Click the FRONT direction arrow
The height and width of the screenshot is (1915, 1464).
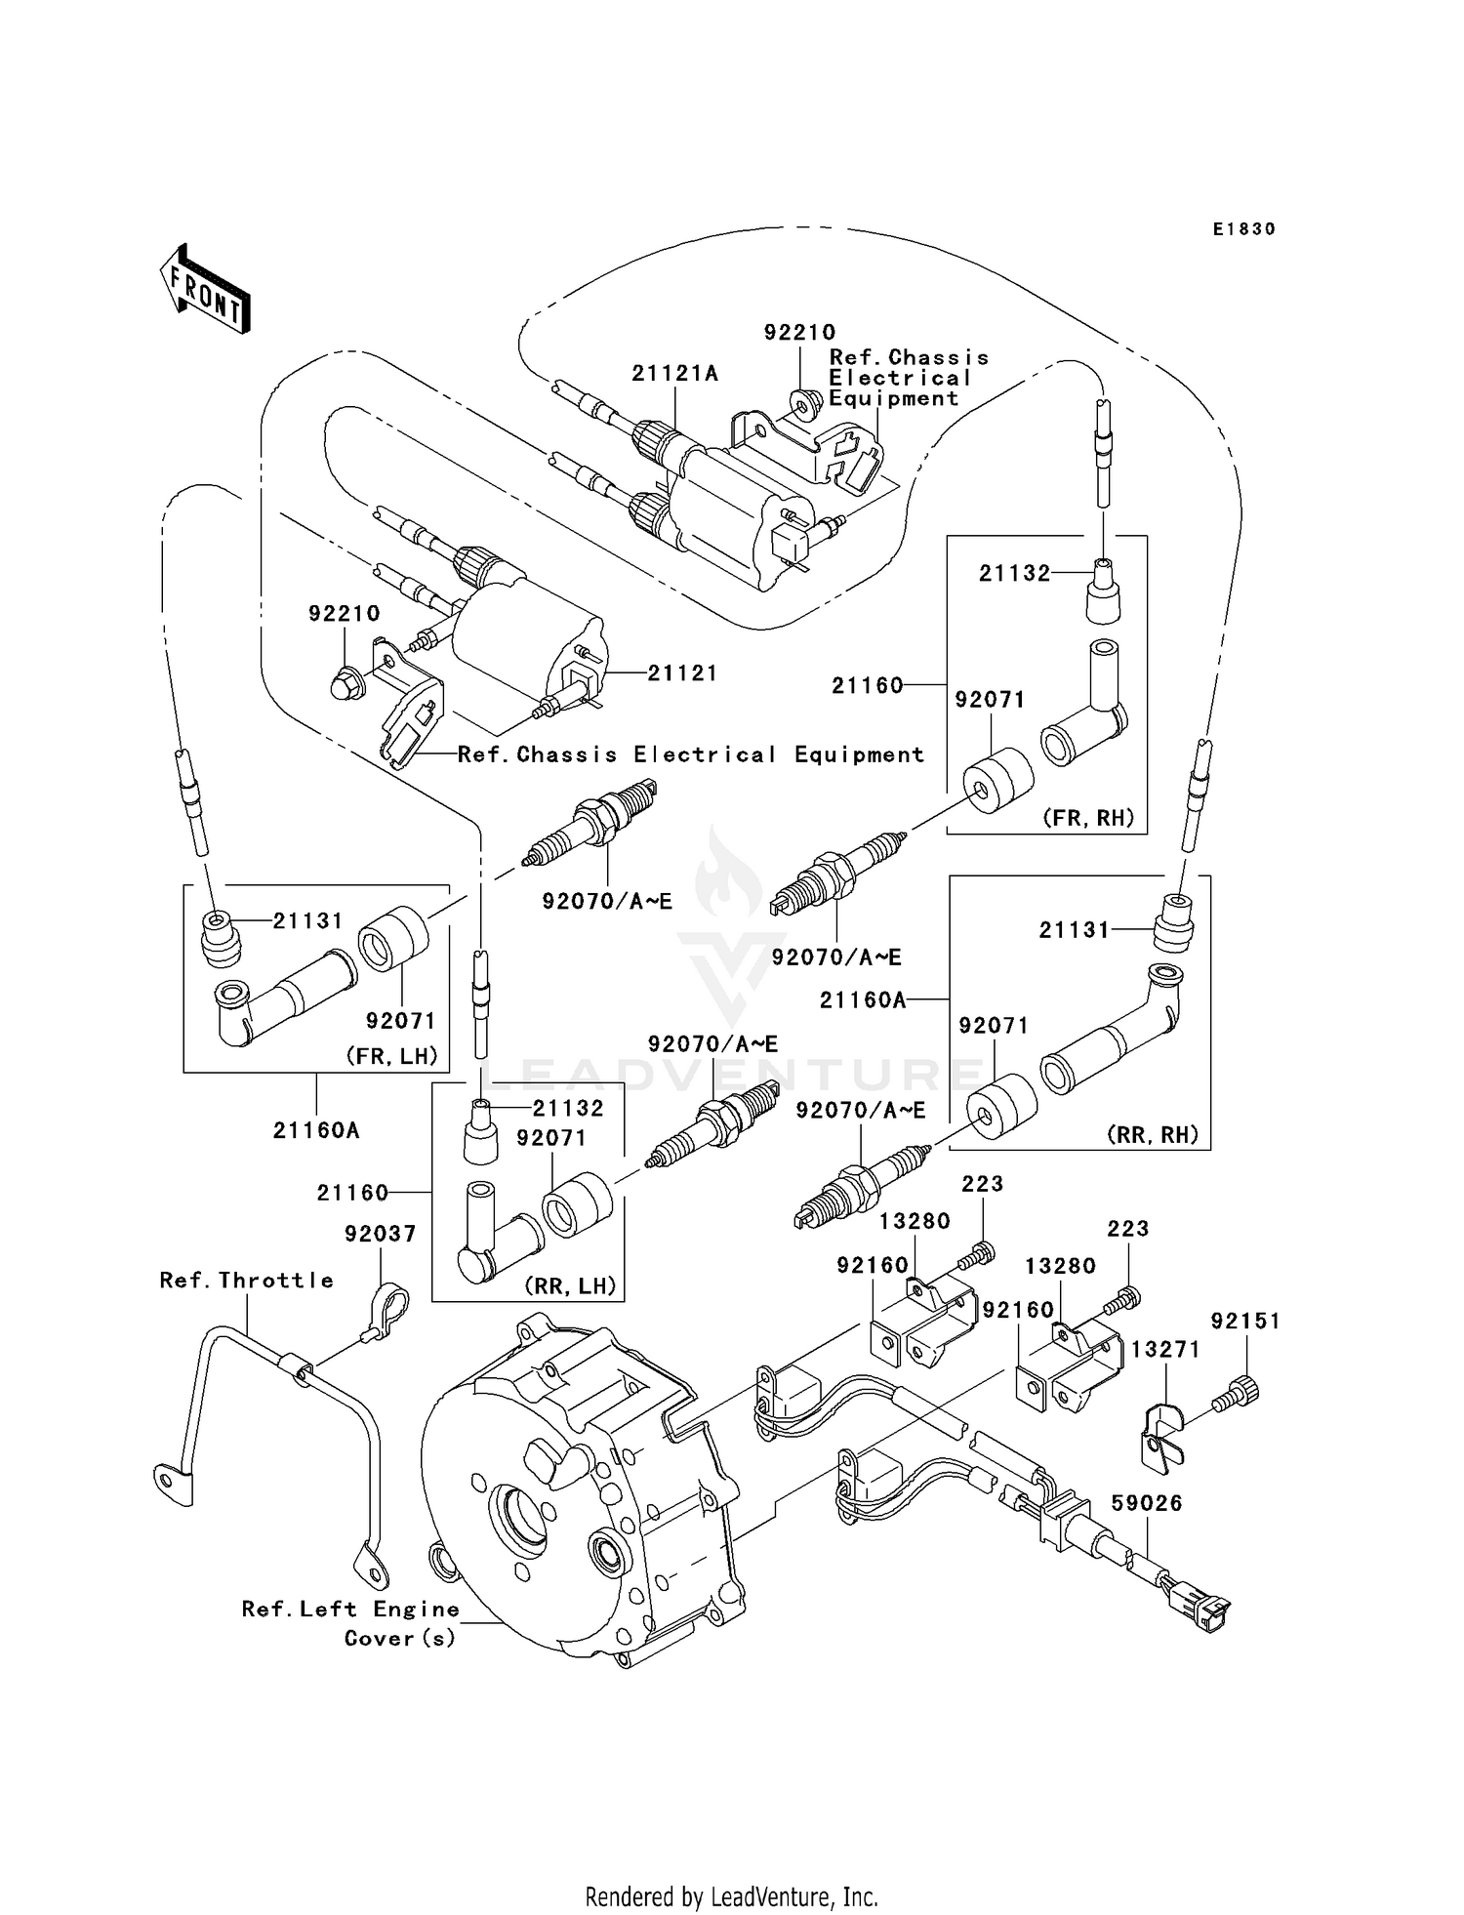[205, 289]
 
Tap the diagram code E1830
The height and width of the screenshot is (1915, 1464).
[1243, 229]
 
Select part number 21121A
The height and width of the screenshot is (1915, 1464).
[674, 373]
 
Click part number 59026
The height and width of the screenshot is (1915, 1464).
[1147, 1503]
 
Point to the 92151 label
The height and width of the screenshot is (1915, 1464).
[1244, 1321]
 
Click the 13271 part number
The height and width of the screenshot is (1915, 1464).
[1164, 1349]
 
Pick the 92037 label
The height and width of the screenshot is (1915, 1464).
[380, 1234]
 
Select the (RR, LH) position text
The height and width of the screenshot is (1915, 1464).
[571, 1285]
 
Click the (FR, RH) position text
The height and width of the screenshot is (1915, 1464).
[1088, 818]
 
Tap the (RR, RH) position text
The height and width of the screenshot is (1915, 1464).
[1152, 1135]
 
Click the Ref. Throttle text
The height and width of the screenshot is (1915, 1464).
[246, 1280]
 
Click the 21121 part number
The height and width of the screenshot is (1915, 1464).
[682, 672]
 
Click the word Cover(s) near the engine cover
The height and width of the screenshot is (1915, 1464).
[400, 1638]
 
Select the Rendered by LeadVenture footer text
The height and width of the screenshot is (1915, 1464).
[731, 1896]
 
